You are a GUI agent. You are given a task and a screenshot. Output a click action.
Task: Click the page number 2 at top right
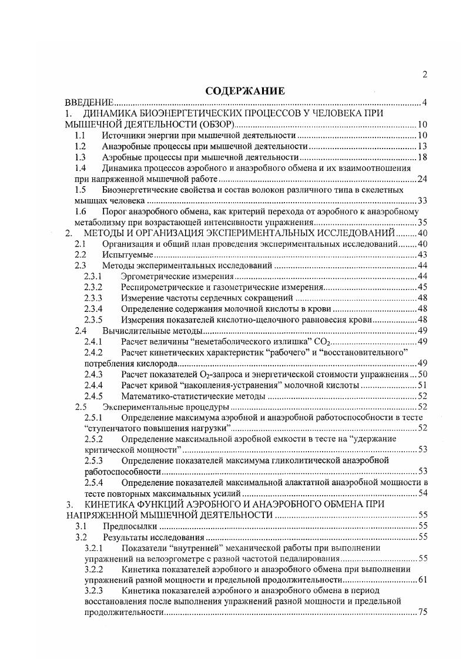click(424, 74)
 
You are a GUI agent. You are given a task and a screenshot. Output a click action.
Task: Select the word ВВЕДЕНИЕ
click(89, 103)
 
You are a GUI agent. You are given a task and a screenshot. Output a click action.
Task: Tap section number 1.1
click(81, 136)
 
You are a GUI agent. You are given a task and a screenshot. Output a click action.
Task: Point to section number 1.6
click(81, 211)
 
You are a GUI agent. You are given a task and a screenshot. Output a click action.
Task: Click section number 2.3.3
click(93, 298)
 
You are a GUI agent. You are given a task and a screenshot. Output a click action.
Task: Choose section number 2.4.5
click(93, 395)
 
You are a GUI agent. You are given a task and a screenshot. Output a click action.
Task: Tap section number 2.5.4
click(93, 482)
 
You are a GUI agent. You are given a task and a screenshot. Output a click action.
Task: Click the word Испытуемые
click(128, 255)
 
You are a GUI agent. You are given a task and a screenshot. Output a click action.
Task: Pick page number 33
click(421, 201)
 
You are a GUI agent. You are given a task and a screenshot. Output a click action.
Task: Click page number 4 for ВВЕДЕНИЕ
click(424, 103)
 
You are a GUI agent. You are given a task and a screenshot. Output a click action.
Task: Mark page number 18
click(421, 157)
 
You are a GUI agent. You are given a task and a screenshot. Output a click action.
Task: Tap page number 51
click(421, 385)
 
